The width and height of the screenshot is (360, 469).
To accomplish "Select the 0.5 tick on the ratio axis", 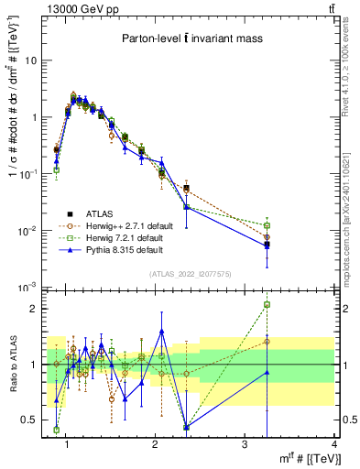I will (32, 420).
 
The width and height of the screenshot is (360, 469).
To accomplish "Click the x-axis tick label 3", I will (245, 445).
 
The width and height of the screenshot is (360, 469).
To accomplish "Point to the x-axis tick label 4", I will (333, 445).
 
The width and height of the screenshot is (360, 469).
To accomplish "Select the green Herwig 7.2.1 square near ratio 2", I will (267, 304).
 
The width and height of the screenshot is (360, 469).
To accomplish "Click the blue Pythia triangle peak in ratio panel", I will (162, 331).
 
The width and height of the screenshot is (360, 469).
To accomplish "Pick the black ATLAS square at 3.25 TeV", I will (267, 245).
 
